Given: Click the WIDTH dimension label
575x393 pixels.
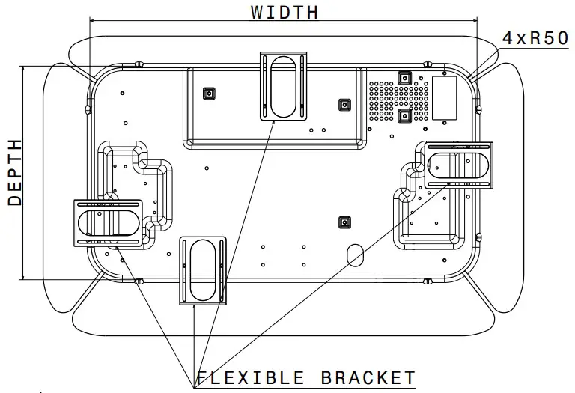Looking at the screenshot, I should click(x=284, y=12).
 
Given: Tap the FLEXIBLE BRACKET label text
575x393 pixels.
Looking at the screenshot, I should click(x=305, y=377).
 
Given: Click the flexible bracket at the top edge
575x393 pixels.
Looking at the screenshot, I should click(x=283, y=85).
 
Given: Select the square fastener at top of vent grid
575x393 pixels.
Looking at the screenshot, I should click(x=404, y=78).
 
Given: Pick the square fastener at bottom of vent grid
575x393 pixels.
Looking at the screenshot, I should click(x=404, y=115).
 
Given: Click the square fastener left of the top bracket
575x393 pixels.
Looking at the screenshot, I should click(x=209, y=94).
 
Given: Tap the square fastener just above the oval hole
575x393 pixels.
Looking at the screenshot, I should click(x=344, y=222).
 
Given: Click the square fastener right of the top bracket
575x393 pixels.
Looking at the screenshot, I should click(x=344, y=105).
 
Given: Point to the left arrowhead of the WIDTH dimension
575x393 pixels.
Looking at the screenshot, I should click(x=94, y=20).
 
